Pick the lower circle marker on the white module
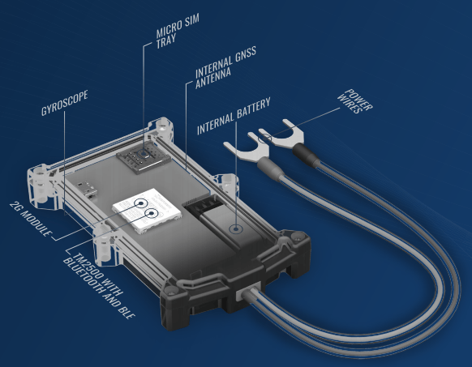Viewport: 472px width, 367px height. click(151, 215)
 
